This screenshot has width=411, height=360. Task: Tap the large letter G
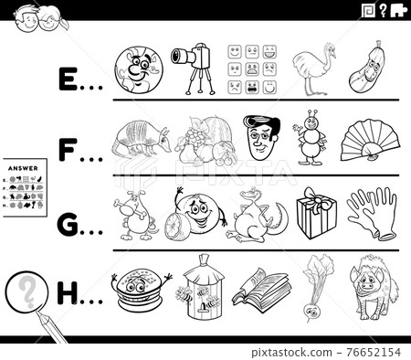(x=66, y=216)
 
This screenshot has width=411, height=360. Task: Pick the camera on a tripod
(x=190, y=66)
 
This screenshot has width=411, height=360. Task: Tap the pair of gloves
(x=372, y=212)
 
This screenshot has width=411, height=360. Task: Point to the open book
(x=258, y=287)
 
